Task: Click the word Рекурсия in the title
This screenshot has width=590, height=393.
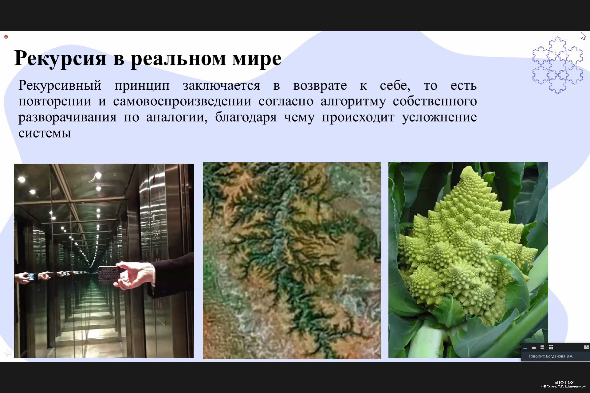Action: click(x=60, y=58)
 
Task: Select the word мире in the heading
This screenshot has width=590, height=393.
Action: click(x=257, y=58)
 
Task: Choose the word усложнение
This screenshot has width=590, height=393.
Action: click(x=439, y=117)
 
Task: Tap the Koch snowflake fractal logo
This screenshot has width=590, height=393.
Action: click(x=557, y=65)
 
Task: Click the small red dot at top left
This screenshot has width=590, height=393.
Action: click(x=6, y=37)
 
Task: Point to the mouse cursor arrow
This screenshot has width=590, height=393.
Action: click(x=583, y=36)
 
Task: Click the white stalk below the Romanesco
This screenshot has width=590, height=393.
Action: click(x=426, y=342)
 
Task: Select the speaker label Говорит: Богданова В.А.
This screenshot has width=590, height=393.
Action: click(x=551, y=356)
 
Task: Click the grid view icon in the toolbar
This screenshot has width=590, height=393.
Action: click(x=551, y=347)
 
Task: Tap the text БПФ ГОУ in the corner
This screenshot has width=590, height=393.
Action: click(x=564, y=382)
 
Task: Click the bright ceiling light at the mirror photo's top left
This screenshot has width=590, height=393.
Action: click(x=22, y=179)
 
